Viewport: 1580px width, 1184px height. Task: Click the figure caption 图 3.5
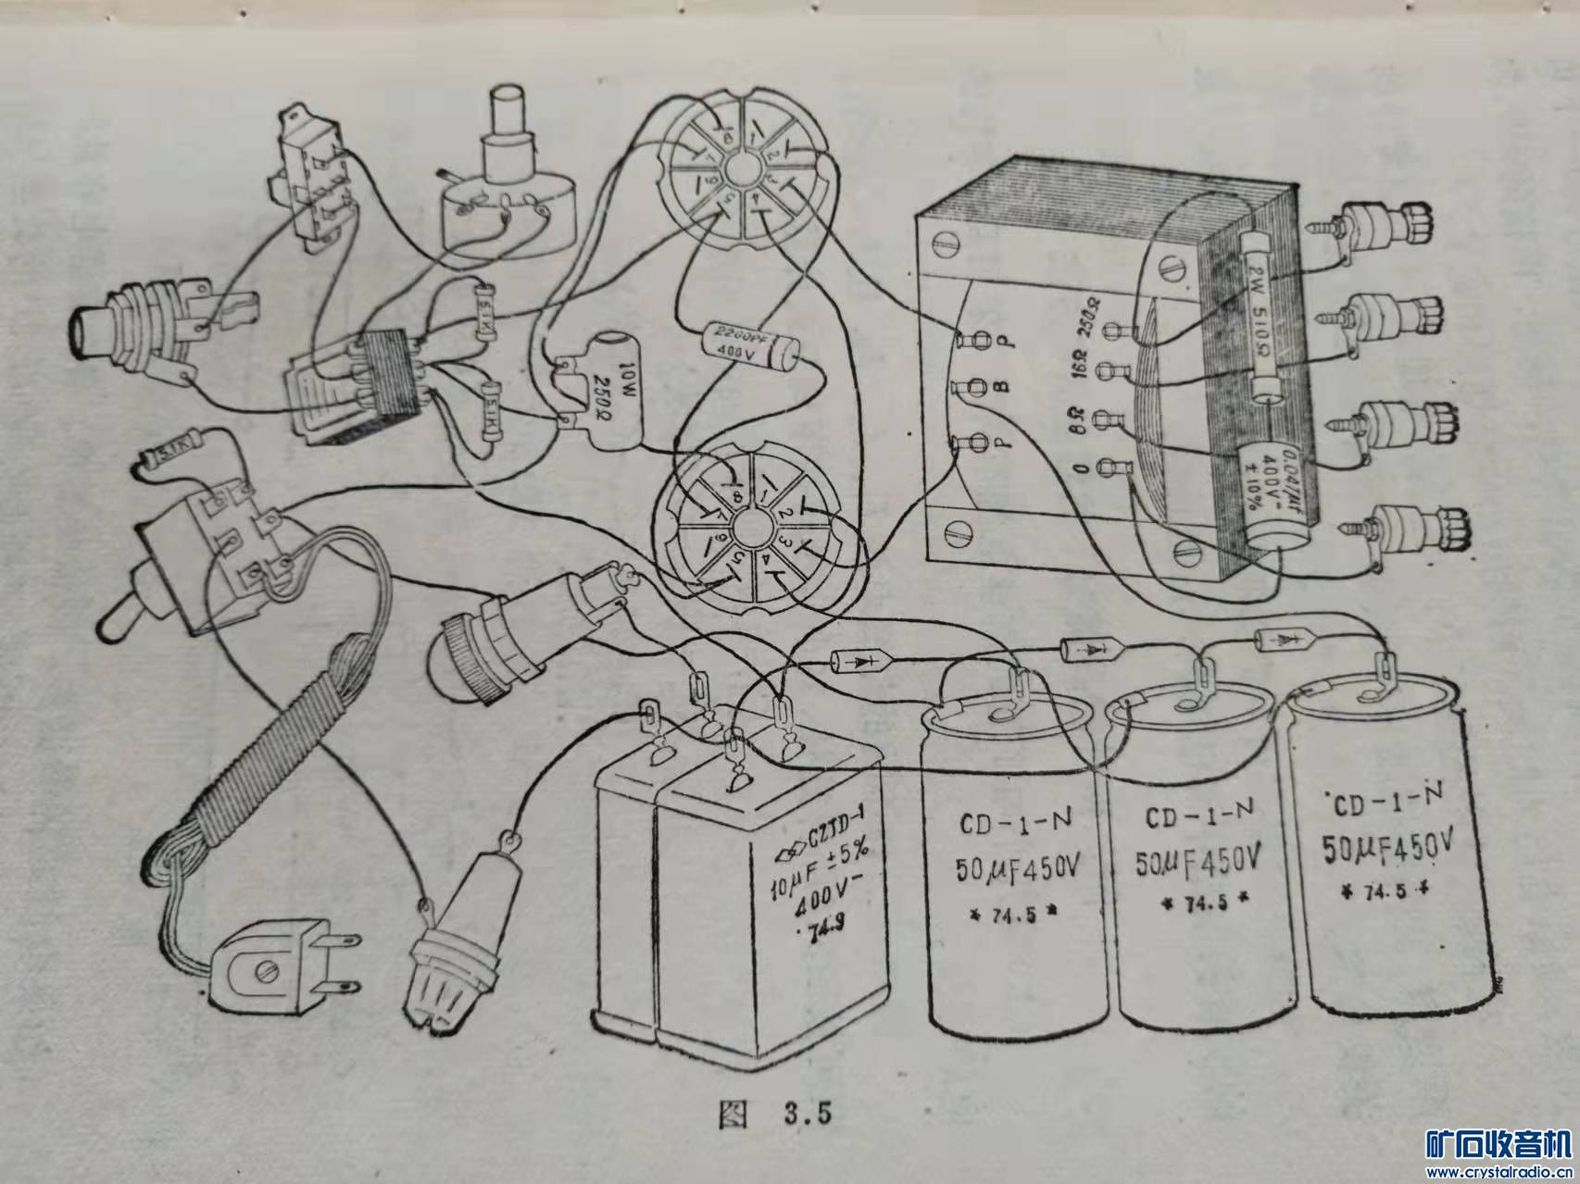pos(774,1115)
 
